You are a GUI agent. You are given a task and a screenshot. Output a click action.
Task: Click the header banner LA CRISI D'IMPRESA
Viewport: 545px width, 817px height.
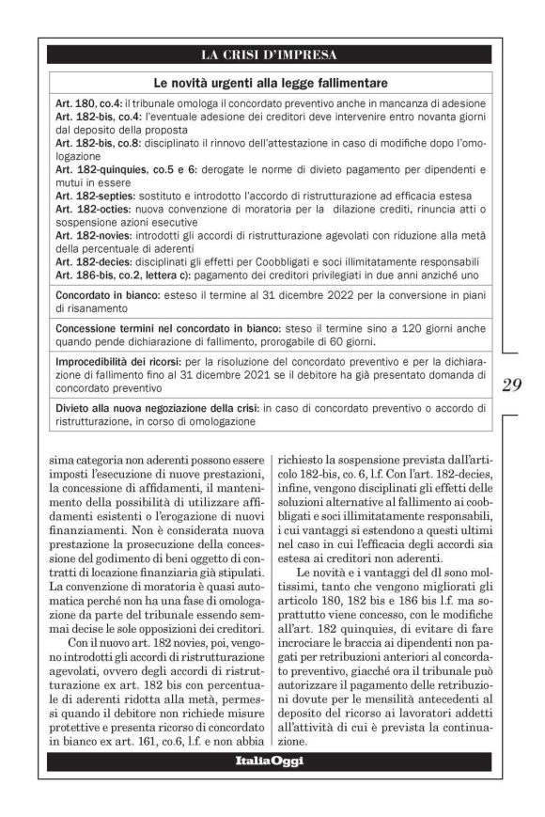[270, 55]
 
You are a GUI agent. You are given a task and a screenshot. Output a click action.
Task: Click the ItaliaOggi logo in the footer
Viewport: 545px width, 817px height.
[270, 761]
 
